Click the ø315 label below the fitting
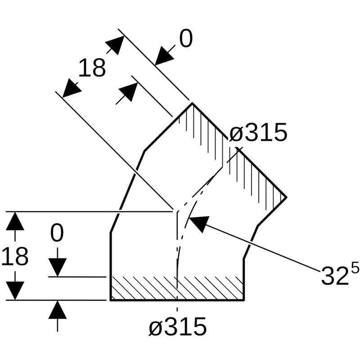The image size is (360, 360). (177, 327)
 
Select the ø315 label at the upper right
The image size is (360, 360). (258, 133)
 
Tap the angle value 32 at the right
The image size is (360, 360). (334, 276)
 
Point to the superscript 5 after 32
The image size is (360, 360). (355, 268)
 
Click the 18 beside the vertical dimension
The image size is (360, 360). (15, 256)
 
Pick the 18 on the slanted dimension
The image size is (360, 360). (92, 68)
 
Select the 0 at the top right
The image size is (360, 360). (186, 40)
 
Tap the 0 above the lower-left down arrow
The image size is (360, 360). (57, 234)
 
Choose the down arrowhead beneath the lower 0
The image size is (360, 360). (57, 268)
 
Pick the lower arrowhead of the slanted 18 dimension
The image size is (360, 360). (71, 88)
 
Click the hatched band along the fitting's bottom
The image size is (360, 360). (177, 288)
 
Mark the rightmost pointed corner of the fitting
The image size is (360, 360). (286, 197)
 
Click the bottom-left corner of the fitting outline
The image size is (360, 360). (111, 300)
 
